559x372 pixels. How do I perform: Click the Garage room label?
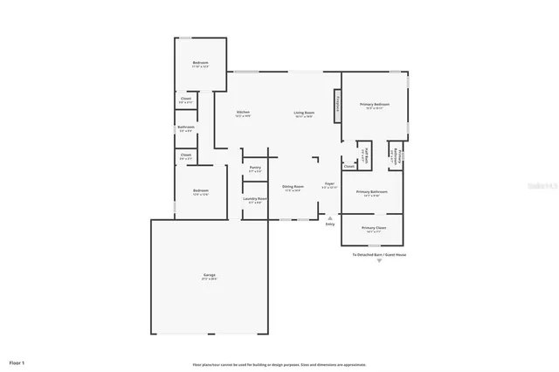pyautogui.click(x=209, y=277)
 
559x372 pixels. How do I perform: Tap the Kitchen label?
pyautogui.click(x=244, y=114)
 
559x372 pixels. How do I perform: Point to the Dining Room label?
pyautogui.click(x=292, y=188)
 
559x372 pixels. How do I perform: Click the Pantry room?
pyautogui.click(x=254, y=169)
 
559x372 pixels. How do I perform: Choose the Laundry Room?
pyautogui.click(x=254, y=200)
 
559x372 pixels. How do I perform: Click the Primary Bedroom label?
pyautogui.click(x=375, y=106)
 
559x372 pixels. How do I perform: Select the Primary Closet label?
pyautogui.click(x=373, y=230)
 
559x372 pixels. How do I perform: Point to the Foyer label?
pyautogui.click(x=329, y=185)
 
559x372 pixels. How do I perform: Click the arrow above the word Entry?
pyautogui.click(x=329, y=217)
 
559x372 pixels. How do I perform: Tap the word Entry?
pyautogui.click(x=329, y=224)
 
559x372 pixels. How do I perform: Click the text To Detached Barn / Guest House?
pyautogui.click(x=379, y=255)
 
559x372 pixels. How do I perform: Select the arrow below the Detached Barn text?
pyautogui.click(x=379, y=261)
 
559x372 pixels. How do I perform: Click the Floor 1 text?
pyautogui.click(x=17, y=362)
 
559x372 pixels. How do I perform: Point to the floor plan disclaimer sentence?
pyautogui.click(x=279, y=364)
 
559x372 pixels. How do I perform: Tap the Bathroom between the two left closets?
pyautogui.click(x=185, y=128)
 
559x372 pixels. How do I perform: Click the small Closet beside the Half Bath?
pyautogui.click(x=349, y=165)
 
